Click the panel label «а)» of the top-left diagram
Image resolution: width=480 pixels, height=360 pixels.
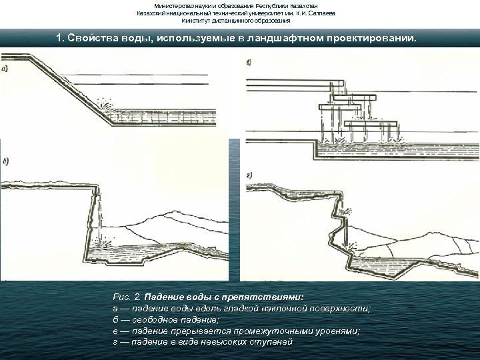click(x=5, y=69)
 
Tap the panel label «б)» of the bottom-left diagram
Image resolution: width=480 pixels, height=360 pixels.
click(x=6, y=161)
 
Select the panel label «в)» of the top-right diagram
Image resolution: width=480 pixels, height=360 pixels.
click(x=249, y=63)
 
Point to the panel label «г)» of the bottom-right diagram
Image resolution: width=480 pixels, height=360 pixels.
click(x=249, y=175)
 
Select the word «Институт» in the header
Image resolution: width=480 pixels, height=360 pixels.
click(x=193, y=21)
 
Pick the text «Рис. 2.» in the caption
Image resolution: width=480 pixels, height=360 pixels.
click(x=127, y=297)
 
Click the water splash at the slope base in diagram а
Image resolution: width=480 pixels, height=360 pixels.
click(x=105, y=104)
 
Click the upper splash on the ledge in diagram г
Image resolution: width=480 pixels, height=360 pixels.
click(x=345, y=211)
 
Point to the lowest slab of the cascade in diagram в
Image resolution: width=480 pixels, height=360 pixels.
click(x=371, y=124)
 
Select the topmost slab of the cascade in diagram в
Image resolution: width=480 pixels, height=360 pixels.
click(x=337, y=83)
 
